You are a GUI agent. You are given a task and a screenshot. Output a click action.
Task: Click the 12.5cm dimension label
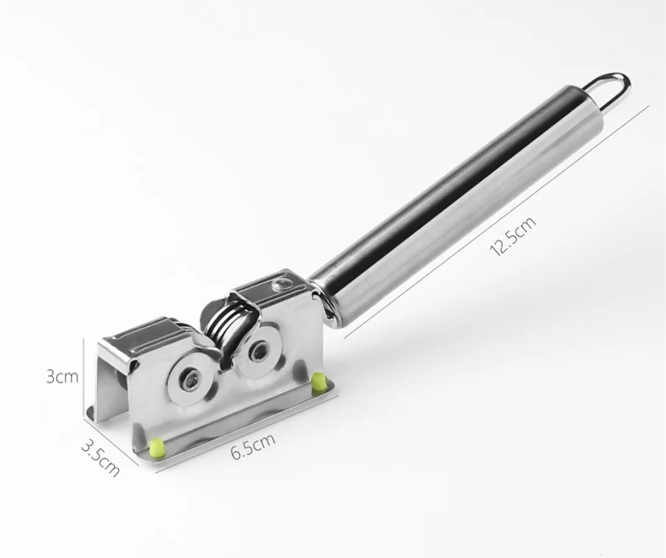pyautogui.click(x=513, y=237)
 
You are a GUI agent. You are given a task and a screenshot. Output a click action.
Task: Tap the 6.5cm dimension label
pyautogui.click(x=253, y=446)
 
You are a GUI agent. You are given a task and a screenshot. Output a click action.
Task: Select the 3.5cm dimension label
pyautogui.click(x=100, y=458)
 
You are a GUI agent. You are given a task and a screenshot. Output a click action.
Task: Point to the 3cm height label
pyautogui.click(x=62, y=376)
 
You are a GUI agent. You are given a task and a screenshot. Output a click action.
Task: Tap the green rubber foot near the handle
pyautogui.click(x=318, y=382)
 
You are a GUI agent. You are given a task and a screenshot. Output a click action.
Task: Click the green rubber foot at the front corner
pyautogui.click(x=157, y=448)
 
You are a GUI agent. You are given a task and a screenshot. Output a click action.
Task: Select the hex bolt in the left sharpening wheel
pyautogui.click(x=190, y=377)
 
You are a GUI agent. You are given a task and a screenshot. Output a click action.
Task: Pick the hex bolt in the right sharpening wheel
pyautogui.click(x=257, y=351)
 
